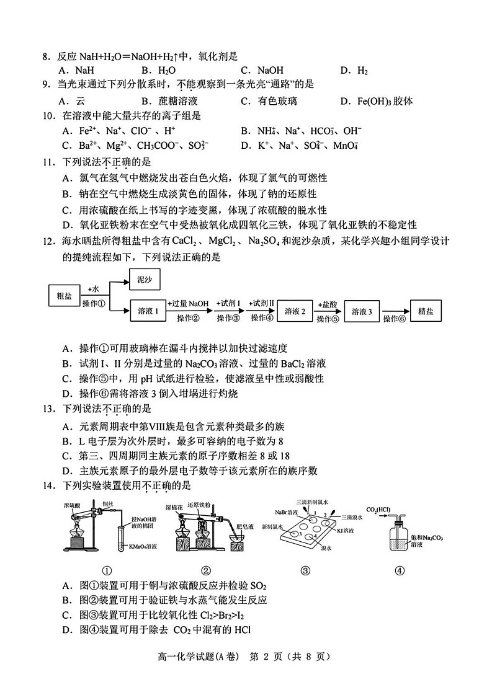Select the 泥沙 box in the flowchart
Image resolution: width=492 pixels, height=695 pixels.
(x=144, y=280)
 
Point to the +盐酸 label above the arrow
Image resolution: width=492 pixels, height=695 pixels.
(x=326, y=304)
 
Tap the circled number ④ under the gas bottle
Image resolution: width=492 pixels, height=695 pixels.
(x=400, y=571)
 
